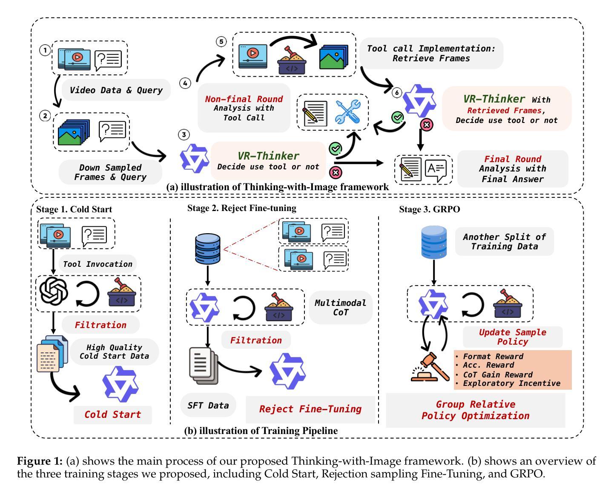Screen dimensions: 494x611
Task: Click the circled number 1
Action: (x=45, y=50)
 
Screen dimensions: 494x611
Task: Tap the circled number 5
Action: (x=221, y=41)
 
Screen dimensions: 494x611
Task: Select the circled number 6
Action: (x=397, y=92)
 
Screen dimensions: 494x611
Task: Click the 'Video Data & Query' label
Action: (x=116, y=90)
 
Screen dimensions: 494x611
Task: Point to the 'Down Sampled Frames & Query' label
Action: (x=110, y=172)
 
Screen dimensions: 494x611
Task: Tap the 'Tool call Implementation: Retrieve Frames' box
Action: (x=431, y=53)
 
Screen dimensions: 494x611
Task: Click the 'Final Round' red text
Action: (x=513, y=159)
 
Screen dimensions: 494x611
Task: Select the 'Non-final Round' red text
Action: (x=244, y=99)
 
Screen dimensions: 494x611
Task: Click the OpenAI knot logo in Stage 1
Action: (x=54, y=292)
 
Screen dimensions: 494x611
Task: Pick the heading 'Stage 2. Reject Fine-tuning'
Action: (x=241, y=208)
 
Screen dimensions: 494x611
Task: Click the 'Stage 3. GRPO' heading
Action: (x=429, y=209)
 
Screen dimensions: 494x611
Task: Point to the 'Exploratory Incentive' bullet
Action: (x=511, y=383)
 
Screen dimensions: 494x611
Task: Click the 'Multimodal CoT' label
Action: (x=340, y=308)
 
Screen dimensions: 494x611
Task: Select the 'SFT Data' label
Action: (x=208, y=405)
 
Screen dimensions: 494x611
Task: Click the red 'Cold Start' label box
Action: (x=112, y=414)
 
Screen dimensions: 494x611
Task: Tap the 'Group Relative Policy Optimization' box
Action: (x=475, y=410)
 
